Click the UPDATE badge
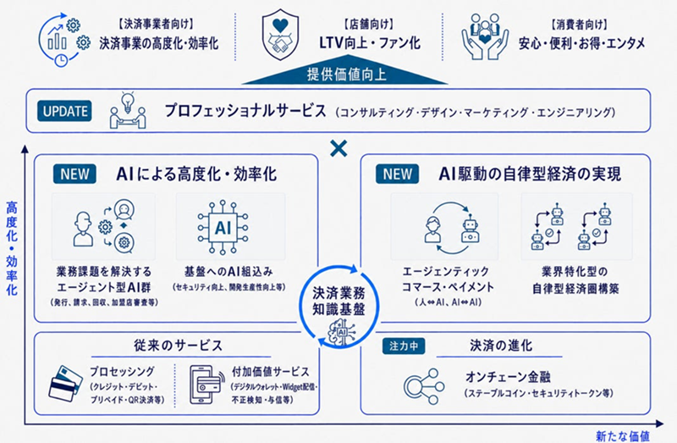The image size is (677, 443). pos(64,111)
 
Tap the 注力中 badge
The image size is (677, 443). pos(404,346)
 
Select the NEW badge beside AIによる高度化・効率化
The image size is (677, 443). pos(74,174)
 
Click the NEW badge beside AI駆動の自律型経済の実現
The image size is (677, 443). pos(397,174)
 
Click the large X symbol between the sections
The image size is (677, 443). pos(338,149)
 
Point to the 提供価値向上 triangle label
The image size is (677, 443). pos(345,74)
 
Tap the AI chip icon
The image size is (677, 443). pos(223,227)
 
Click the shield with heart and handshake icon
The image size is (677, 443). pos(280,36)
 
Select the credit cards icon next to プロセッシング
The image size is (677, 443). pos(65,384)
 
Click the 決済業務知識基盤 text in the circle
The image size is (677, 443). pos(338,302)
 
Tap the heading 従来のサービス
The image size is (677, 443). pos(178,346)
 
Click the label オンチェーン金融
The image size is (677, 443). pos(508,377)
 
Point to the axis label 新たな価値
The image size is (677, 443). pos(622,436)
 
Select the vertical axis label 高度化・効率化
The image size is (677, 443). pos(12,248)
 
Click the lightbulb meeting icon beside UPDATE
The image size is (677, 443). pos(128,110)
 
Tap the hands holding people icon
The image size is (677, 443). pos(484,36)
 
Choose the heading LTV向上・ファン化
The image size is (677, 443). pos(370,42)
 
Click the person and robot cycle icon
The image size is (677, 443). pos(452,228)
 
